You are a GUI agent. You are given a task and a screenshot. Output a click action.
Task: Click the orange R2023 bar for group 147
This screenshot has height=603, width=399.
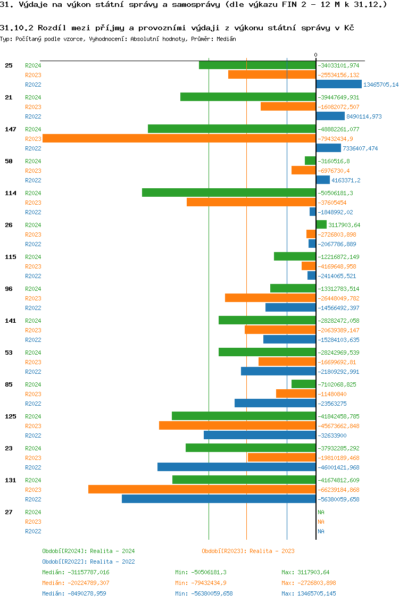click(x=179, y=138)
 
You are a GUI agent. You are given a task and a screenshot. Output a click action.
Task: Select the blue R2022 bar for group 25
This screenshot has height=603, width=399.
click(x=339, y=84)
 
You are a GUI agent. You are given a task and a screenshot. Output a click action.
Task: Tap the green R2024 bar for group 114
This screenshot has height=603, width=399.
click(x=229, y=192)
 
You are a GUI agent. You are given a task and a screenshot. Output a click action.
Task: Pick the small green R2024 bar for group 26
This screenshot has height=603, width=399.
click(x=321, y=224)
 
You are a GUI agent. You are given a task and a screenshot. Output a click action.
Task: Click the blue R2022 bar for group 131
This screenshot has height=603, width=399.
click(x=219, y=499)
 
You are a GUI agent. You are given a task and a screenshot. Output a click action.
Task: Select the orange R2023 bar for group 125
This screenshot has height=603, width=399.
click(x=237, y=425)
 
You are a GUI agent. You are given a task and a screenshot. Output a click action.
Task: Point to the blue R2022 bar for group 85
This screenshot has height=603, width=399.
click(x=275, y=403)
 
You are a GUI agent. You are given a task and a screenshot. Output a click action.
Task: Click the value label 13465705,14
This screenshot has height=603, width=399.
click(x=381, y=85)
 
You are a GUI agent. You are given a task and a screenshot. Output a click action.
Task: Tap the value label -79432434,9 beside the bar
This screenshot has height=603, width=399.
click(x=338, y=139)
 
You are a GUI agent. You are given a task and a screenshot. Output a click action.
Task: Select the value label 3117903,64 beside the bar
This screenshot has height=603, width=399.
click(x=344, y=225)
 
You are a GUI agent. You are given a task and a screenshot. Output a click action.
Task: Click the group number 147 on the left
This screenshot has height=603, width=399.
click(x=11, y=129)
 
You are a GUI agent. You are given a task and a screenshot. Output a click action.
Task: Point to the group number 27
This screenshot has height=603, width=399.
click(x=9, y=512)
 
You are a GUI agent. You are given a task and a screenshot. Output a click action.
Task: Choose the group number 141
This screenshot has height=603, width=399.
click(x=11, y=321)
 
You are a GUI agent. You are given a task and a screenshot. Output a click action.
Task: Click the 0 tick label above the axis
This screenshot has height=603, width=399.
click(x=315, y=55)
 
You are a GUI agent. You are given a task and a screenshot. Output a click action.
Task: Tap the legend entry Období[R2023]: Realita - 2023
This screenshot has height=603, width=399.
click(x=248, y=551)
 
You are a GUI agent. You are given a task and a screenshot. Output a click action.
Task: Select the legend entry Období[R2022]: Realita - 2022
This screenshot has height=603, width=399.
click(x=88, y=562)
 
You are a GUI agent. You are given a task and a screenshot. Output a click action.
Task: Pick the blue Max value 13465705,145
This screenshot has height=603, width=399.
click(x=309, y=593)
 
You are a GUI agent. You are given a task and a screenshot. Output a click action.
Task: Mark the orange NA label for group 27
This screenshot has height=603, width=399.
click(x=321, y=522)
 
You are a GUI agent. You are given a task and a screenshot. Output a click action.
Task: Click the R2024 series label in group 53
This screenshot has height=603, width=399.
click(x=33, y=353)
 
